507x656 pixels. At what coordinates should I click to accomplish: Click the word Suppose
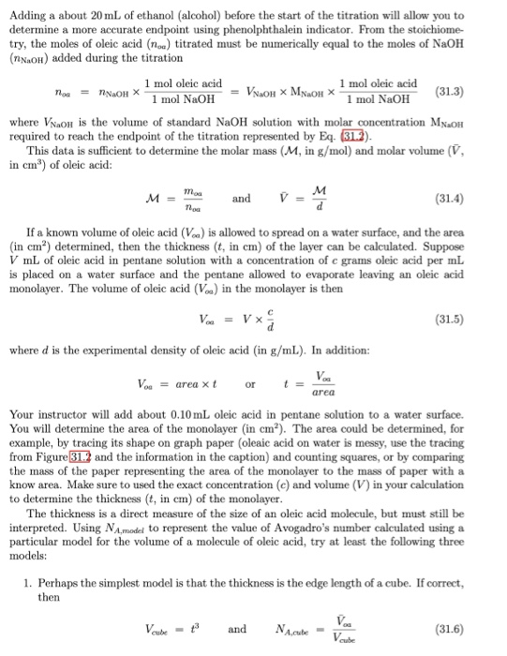[455, 251]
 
